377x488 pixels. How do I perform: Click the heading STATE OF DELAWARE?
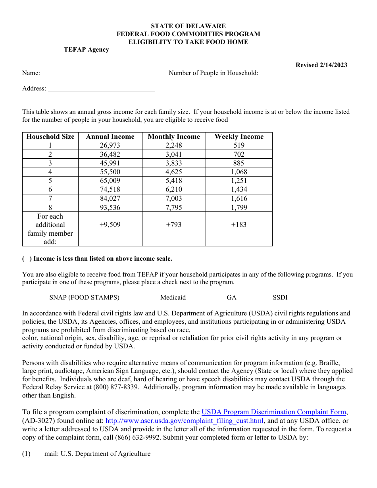[188, 26]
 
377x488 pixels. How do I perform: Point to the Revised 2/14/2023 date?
[321, 65]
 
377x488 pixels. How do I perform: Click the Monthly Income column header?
[174, 136]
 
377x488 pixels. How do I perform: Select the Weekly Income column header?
[239, 136]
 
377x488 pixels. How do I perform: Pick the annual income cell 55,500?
[110, 172]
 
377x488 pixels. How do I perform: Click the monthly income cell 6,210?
[174, 189]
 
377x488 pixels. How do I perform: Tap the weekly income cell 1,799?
[239, 207]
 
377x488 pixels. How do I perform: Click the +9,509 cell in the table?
[110, 225]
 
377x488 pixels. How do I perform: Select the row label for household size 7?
[50, 198]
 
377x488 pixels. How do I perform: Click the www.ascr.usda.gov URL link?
[185, 421]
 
